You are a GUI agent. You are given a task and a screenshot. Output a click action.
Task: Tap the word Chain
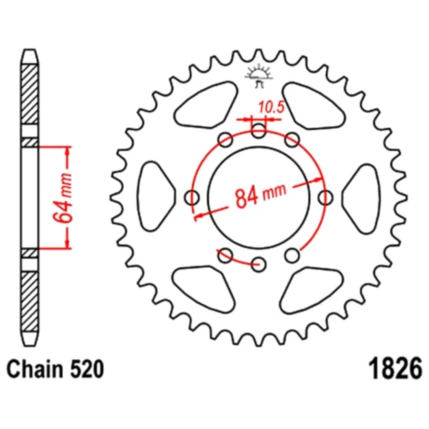click(35, 369)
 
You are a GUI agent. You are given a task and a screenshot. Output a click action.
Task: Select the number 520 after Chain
click(87, 369)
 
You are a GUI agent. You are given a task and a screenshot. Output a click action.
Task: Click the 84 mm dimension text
click(260, 194)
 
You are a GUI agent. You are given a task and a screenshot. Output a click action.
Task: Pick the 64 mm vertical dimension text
click(63, 197)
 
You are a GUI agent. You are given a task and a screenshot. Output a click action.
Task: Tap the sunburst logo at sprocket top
click(258, 76)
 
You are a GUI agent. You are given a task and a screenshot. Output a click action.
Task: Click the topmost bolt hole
click(258, 130)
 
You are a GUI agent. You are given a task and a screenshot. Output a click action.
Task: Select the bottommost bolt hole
click(258, 264)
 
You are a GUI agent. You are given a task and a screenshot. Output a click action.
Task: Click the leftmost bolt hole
click(191, 197)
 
